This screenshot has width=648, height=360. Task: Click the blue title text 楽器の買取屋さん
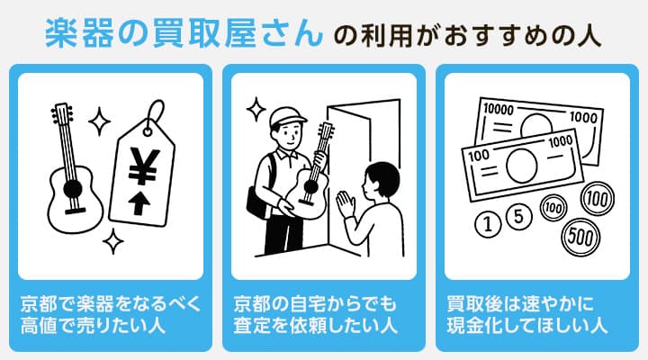(x=184, y=33)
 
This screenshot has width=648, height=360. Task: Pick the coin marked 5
(x=517, y=216)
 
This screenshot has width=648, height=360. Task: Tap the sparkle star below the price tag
(x=113, y=239)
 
